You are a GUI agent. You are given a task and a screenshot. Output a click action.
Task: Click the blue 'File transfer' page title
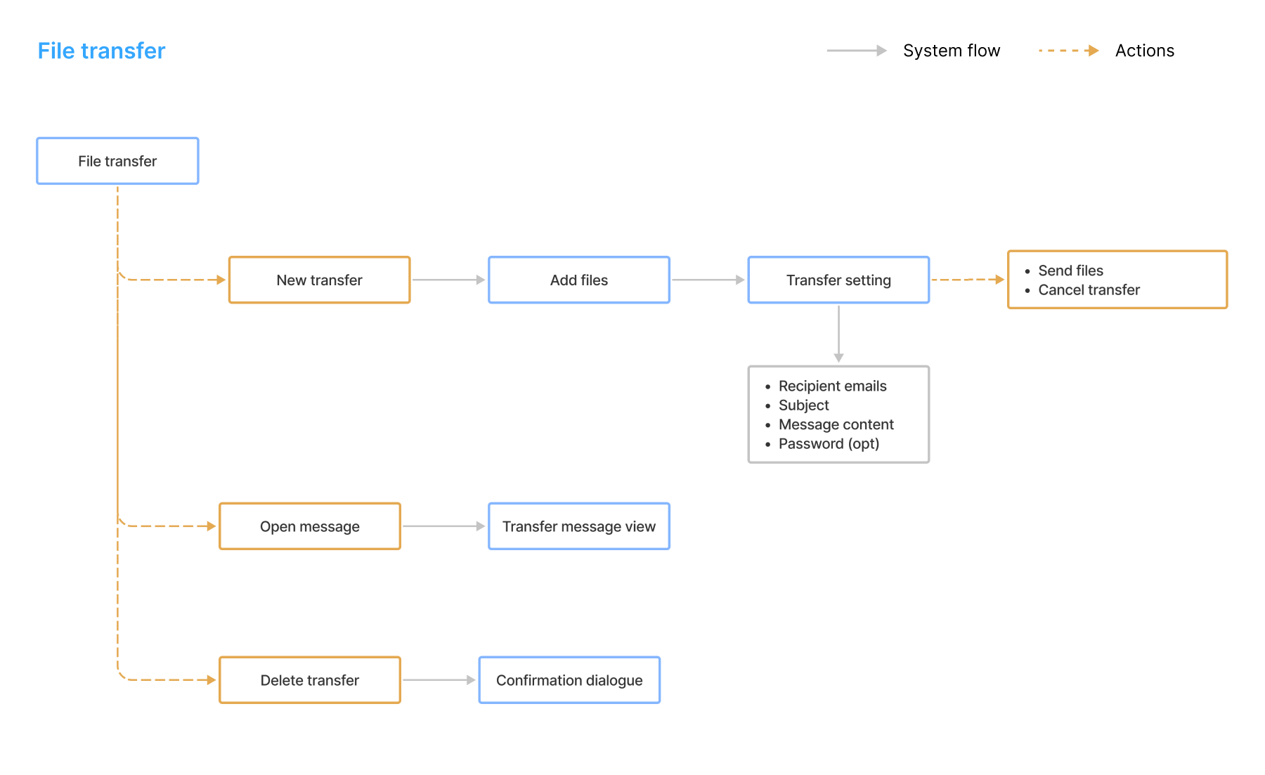pyautogui.click(x=101, y=51)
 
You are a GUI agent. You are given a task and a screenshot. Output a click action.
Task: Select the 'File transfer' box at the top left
pyautogui.click(x=117, y=161)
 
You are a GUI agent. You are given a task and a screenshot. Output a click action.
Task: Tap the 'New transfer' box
pyautogui.click(x=319, y=280)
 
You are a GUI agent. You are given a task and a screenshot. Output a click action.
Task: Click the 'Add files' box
pyautogui.click(x=579, y=280)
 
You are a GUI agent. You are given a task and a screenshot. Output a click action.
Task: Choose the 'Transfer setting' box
pyautogui.click(x=838, y=280)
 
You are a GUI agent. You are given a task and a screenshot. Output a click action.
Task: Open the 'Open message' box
pyautogui.click(x=310, y=526)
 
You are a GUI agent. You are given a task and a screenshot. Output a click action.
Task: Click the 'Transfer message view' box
pyautogui.click(x=579, y=526)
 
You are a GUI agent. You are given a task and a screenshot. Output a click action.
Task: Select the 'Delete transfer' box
pyautogui.click(x=310, y=680)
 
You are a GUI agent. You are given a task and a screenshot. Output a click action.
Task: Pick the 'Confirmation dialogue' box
pyautogui.click(x=569, y=680)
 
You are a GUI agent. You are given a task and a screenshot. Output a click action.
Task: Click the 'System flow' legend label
pyautogui.click(x=951, y=51)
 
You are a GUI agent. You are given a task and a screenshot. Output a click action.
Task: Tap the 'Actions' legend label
pyautogui.click(x=1144, y=51)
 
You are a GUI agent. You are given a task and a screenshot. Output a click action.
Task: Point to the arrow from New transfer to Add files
pyautogui.click(x=448, y=280)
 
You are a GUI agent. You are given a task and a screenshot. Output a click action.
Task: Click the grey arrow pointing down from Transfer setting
pyautogui.click(x=838, y=334)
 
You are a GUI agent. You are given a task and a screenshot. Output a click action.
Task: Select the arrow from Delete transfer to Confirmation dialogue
pyautogui.click(x=439, y=680)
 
